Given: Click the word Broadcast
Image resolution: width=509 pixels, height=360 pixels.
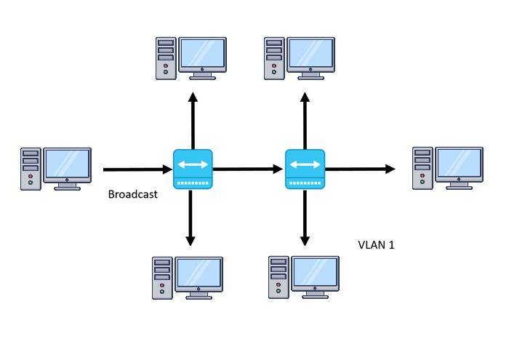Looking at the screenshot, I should tap(132, 194).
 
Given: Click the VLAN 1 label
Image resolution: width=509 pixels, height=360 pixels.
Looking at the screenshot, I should tap(377, 244).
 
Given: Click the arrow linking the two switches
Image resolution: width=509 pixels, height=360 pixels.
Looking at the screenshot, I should tap(248, 169).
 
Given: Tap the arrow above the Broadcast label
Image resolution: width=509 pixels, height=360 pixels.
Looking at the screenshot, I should tap(137, 169).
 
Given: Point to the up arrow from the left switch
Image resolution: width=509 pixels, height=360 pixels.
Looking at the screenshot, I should tap(193, 120).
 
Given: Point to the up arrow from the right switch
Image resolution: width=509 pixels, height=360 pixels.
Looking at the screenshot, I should tap(305, 120).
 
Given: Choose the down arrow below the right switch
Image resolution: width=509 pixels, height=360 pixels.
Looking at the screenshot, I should tap(305, 218).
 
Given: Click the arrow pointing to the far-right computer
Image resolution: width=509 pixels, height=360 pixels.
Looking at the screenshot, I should tap(360, 169).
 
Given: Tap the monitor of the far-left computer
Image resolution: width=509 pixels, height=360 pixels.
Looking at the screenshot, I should tap(68, 165).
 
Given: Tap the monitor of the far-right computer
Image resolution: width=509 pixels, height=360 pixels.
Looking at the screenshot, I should tap(459, 165).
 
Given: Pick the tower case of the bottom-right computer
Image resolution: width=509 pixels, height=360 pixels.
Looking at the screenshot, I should tap(278, 277).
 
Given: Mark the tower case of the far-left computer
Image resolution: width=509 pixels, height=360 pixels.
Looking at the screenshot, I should tap(30, 169).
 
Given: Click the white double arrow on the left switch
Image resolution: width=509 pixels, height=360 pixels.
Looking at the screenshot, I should tap(193, 165).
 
